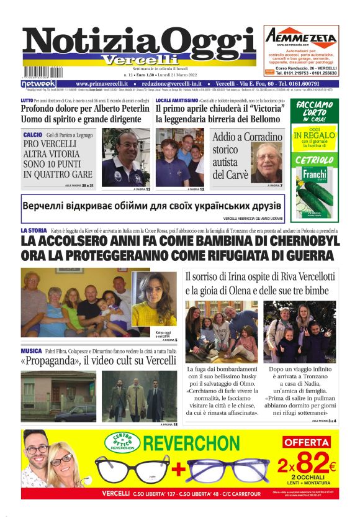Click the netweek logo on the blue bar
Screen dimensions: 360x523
coord(38,83)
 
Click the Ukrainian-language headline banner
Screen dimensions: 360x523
coord(153,205)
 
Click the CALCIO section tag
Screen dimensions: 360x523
coord(33,135)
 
